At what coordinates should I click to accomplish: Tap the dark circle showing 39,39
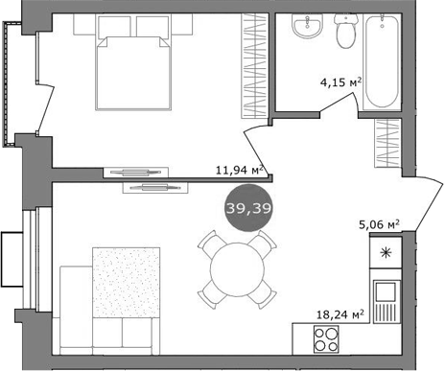pyautogui.click(x=247, y=209)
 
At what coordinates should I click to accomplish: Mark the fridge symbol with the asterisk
pyautogui.click(x=385, y=253)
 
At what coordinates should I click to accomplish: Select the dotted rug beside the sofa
pyautogui.click(x=126, y=282)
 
